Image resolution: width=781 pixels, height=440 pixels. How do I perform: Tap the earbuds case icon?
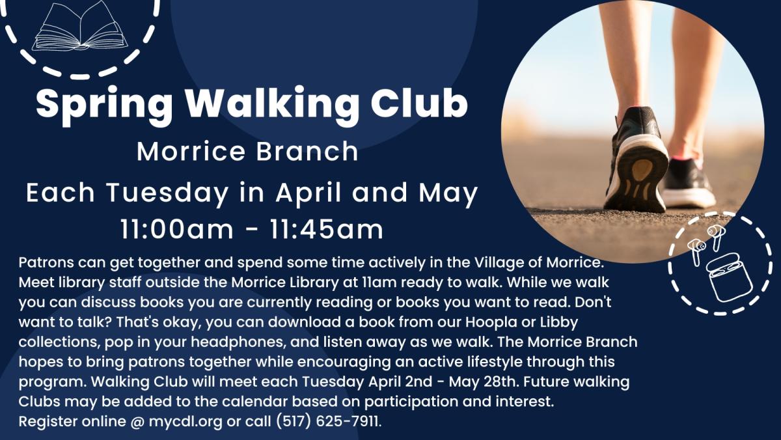point(730,277)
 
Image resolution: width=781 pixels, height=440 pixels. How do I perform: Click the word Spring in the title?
point(104,105)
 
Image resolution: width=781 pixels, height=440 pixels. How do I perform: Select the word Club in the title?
point(418,102)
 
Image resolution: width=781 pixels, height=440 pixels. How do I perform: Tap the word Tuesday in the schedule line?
point(167,194)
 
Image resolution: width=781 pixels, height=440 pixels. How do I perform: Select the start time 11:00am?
point(177,229)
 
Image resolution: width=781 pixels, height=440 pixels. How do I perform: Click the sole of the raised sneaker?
point(638,174)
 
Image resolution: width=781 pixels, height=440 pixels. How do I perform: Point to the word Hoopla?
point(491,322)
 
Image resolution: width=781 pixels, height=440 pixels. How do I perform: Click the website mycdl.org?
point(185,422)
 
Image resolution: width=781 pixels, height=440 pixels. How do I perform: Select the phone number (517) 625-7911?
point(328,422)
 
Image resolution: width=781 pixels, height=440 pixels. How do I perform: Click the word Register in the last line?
point(48,422)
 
